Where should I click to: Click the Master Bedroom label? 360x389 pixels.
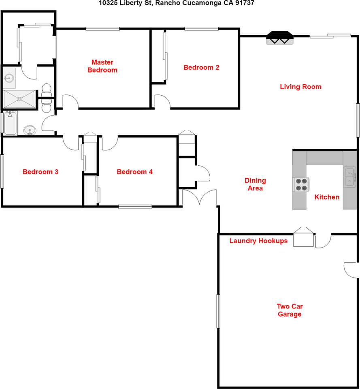tap(102, 66)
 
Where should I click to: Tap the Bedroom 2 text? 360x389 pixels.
tap(201, 68)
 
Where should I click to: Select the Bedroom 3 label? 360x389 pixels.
tap(40, 172)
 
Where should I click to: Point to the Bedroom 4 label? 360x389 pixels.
tap(134, 172)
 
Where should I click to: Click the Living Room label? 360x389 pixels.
tap(300, 87)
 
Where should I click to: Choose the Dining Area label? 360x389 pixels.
tap(255, 184)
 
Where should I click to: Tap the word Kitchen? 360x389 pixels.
tap(327, 197)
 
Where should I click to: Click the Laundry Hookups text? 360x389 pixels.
tap(258, 241)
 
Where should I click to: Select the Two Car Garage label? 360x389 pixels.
tap(290, 310)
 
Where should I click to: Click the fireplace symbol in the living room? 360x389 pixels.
tap(279, 38)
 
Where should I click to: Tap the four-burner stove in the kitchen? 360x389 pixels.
tap(301, 184)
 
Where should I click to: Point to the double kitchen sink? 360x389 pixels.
tap(350, 177)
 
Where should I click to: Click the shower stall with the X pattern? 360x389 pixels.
tap(19, 99)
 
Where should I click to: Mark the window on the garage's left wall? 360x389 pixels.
tap(218, 311)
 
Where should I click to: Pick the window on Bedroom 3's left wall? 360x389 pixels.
tap(2, 171)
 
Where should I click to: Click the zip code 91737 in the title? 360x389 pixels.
tap(245, 3)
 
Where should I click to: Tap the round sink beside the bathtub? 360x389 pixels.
tap(29, 130)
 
